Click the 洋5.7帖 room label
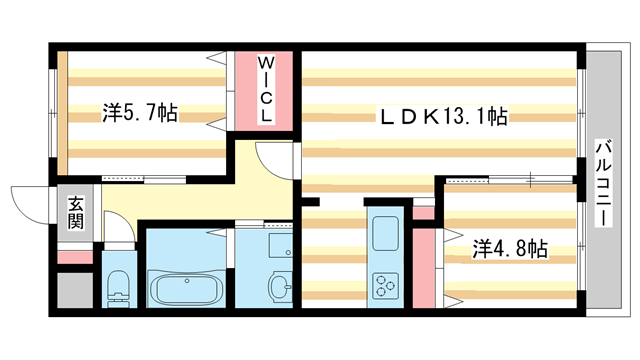point(140,113)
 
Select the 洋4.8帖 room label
point(509,248)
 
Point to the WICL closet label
point(266,90)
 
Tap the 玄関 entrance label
point(76,212)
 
